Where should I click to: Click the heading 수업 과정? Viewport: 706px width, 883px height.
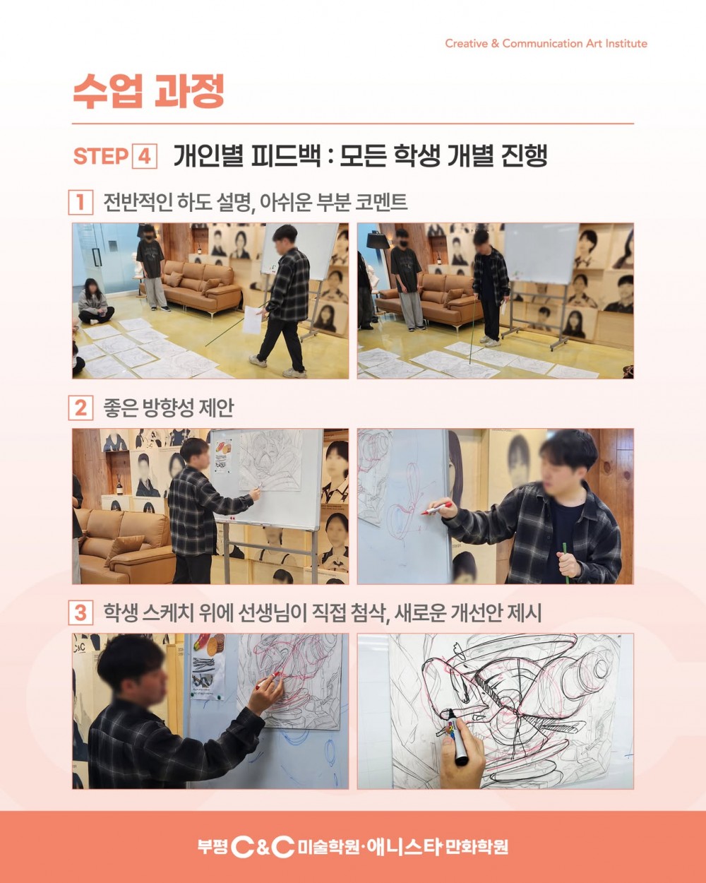click(x=148, y=91)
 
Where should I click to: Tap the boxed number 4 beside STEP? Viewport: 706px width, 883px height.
click(x=145, y=156)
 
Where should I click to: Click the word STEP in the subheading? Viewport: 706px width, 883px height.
click(x=101, y=156)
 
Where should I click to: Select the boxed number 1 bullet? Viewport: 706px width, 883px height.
click(x=80, y=202)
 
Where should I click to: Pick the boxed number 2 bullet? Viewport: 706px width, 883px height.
click(x=80, y=408)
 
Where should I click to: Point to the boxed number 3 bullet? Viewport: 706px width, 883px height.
click(x=80, y=612)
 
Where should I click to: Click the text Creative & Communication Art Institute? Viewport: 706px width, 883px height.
click(x=546, y=44)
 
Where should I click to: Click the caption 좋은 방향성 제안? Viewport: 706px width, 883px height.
click(x=168, y=408)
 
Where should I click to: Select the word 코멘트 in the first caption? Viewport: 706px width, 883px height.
click(x=381, y=202)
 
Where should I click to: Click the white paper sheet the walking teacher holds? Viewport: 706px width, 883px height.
click(x=253, y=319)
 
